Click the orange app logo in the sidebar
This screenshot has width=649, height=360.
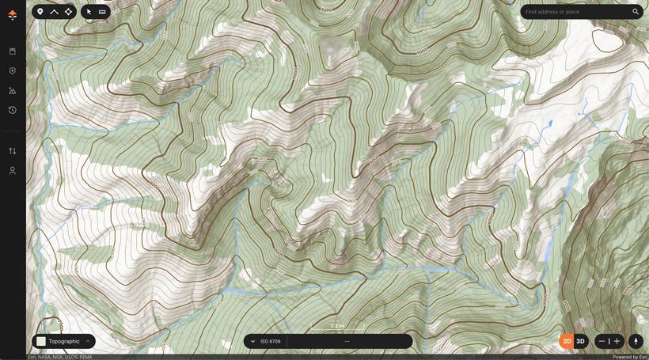click(12, 14)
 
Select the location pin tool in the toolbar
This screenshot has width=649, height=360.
click(40, 12)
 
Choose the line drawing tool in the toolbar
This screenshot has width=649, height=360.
click(54, 12)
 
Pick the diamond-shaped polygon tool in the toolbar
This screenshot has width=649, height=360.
click(69, 12)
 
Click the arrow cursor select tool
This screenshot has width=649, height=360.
click(89, 12)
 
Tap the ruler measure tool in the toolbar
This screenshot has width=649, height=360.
click(102, 12)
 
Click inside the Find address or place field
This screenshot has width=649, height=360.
click(576, 12)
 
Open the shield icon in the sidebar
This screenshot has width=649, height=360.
click(12, 71)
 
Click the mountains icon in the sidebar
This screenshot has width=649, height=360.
click(12, 91)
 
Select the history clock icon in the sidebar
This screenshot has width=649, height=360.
click(12, 110)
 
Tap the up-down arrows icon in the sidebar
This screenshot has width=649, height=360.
click(12, 151)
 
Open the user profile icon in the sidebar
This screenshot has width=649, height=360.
click(12, 171)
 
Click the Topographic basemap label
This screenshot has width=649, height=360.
click(64, 341)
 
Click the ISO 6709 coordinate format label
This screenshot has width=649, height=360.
click(270, 341)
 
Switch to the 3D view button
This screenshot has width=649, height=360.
click(581, 341)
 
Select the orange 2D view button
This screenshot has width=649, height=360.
click(567, 341)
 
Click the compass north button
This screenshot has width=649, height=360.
click(636, 341)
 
